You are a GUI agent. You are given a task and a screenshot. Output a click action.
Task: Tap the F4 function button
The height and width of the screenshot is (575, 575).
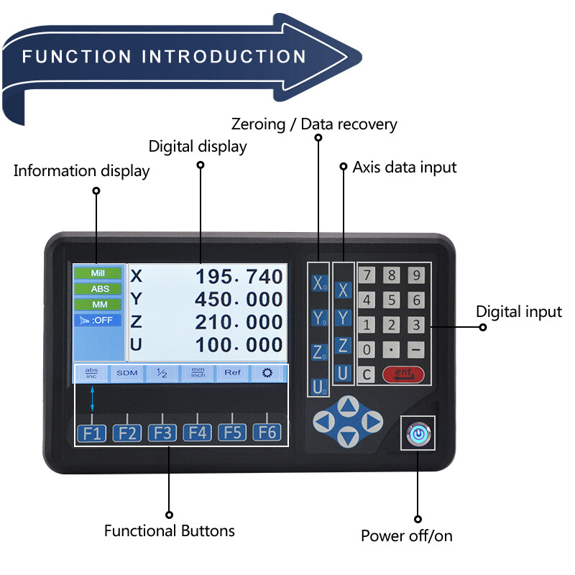(197, 433)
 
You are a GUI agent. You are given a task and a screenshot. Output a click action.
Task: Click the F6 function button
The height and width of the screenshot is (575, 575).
(267, 433)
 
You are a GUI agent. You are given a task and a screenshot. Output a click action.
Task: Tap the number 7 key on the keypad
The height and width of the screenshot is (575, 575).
(367, 275)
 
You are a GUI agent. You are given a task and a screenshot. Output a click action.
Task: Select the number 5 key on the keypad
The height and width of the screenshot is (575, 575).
(392, 300)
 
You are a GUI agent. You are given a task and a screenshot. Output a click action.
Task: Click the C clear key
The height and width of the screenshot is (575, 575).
(367, 374)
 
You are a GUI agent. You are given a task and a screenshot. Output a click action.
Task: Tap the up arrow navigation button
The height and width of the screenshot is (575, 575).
(348, 407)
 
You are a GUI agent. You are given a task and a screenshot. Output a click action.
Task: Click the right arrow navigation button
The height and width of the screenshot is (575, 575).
(371, 421)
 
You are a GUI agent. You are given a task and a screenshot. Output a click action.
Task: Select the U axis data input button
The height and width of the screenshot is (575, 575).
(343, 373)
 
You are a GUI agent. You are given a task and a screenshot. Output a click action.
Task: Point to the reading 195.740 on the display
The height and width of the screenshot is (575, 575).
(240, 277)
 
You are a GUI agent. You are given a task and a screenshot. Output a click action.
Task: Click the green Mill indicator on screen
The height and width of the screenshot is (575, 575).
(97, 274)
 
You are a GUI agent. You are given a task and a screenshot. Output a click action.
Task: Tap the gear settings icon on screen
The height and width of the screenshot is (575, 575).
(267, 373)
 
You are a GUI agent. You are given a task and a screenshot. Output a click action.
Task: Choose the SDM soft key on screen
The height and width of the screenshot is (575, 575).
(127, 373)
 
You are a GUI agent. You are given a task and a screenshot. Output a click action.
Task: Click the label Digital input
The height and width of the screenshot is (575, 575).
(519, 312)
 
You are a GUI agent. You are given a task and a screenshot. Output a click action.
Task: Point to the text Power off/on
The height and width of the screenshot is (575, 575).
(407, 536)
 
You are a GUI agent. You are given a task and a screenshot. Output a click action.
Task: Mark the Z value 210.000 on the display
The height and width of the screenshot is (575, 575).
(240, 321)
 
